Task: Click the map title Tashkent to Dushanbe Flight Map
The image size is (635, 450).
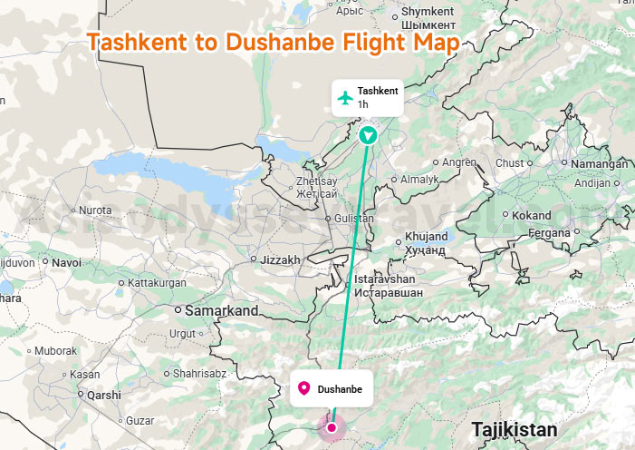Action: [272, 44]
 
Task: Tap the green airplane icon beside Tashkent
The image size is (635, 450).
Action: [344, 98]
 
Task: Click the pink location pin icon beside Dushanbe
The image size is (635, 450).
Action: [304, 389]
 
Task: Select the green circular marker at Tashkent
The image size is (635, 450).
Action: [368, 136]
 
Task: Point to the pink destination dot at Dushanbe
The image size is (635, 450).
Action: [332, 427]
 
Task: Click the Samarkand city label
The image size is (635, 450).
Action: [221, 310]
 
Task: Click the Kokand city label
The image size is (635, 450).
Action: [531, 215]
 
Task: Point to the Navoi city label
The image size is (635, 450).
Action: [66, 262]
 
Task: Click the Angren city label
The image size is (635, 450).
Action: [459, 162]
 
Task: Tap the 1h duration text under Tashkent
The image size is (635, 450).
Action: [362, 104]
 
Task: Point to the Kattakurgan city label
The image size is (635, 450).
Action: [157, 283]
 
